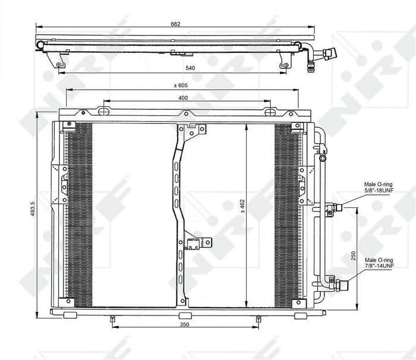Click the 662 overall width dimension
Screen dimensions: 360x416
175,24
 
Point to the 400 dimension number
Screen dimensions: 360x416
183,97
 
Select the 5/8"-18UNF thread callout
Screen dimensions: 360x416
379,191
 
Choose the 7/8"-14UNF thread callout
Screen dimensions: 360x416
379,266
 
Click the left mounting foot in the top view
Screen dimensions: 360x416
61,62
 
